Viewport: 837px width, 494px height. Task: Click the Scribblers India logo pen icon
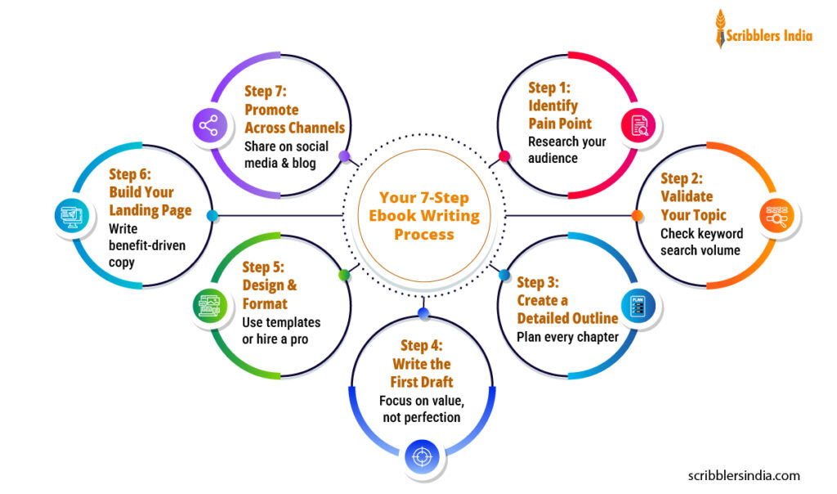tap(720, 29)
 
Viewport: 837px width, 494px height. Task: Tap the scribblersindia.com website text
tap(743, 475)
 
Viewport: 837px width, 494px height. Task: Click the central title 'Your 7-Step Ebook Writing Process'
tap(423, 216)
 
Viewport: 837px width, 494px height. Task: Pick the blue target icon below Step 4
tap(423, 456)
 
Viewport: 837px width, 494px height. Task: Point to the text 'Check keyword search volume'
tap(701, 242)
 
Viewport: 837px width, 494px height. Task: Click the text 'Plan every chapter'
tap(567, 337)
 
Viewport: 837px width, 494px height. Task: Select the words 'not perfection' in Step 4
tap(422, 418)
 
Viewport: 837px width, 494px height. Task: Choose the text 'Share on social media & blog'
tap(286, 155)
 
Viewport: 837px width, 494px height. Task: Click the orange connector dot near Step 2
tap(636, 216)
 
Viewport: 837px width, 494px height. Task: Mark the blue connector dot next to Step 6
tap(212, 216)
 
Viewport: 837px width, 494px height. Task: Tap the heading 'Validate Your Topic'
tap(692, 205)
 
